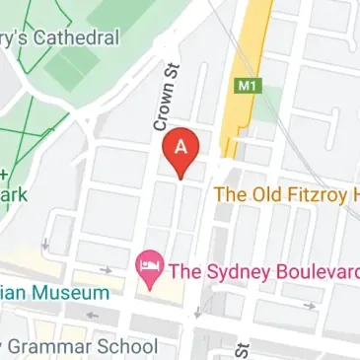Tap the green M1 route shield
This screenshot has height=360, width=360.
247,86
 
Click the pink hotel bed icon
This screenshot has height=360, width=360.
150,267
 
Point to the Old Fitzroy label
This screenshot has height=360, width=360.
286,194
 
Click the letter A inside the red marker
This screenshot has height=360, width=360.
181,145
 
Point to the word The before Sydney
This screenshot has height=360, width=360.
185,267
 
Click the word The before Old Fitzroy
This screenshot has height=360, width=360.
230,194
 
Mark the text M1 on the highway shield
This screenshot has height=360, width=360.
247,86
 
